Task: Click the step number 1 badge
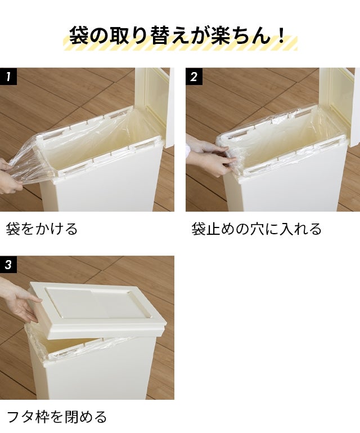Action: [x=8, y=77]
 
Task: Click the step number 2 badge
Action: [x=194, y=77]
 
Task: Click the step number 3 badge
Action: [x=8, y=265]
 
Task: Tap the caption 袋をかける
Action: [x=42, y=229]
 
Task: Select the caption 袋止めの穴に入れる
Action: [x=256, y=229]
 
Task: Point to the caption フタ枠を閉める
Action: [x=56, y=417]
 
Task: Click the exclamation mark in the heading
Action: [x=281, y=35]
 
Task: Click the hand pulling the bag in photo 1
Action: [x=9, y=177]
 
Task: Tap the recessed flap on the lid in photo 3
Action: [x=98, y=302]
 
